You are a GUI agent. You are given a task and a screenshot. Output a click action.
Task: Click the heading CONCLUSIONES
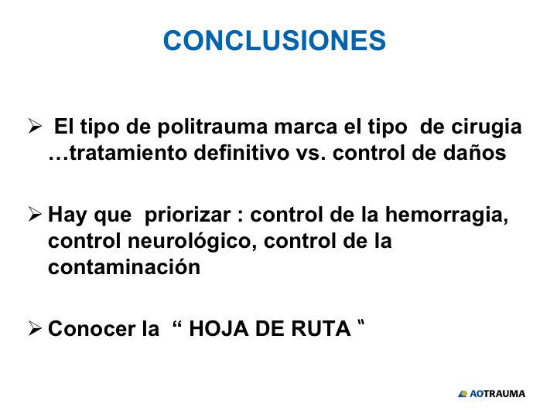[275, 40]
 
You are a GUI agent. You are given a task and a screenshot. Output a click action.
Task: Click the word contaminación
[124, 267]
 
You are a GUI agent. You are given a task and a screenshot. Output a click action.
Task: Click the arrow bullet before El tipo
[34, 126]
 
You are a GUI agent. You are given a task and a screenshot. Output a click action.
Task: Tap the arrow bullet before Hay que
[34, 214]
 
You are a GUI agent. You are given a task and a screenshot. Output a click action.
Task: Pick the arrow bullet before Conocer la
[34, 328]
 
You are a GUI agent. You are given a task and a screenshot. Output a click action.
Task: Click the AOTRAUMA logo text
[497, 394]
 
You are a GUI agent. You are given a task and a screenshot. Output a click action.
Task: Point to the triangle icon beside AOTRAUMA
[463, 394]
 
